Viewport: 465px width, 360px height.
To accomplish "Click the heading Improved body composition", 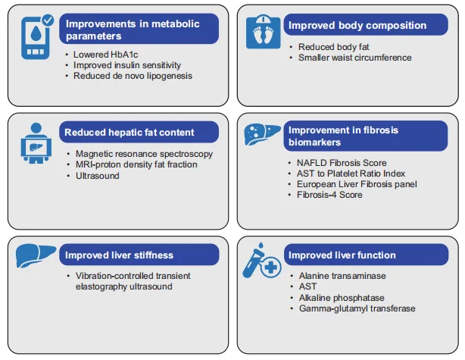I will [x=357, y=26].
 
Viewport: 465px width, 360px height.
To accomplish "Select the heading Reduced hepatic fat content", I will [x=130, y=132].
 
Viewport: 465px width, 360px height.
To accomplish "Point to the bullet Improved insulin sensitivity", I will [x=127, y=65].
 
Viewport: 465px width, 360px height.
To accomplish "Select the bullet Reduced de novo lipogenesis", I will [x=133, y=76].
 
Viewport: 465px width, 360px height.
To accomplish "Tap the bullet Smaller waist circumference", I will [x=354, y=58].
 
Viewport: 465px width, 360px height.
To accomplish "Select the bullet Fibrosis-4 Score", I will [x=329, y=195].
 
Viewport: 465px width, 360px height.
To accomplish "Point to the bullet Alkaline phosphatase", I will [x=342, y=298].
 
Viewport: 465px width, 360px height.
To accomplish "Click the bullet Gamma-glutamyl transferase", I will [x=357, y=308].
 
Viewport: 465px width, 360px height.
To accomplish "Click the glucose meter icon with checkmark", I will [x=37, y=38].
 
